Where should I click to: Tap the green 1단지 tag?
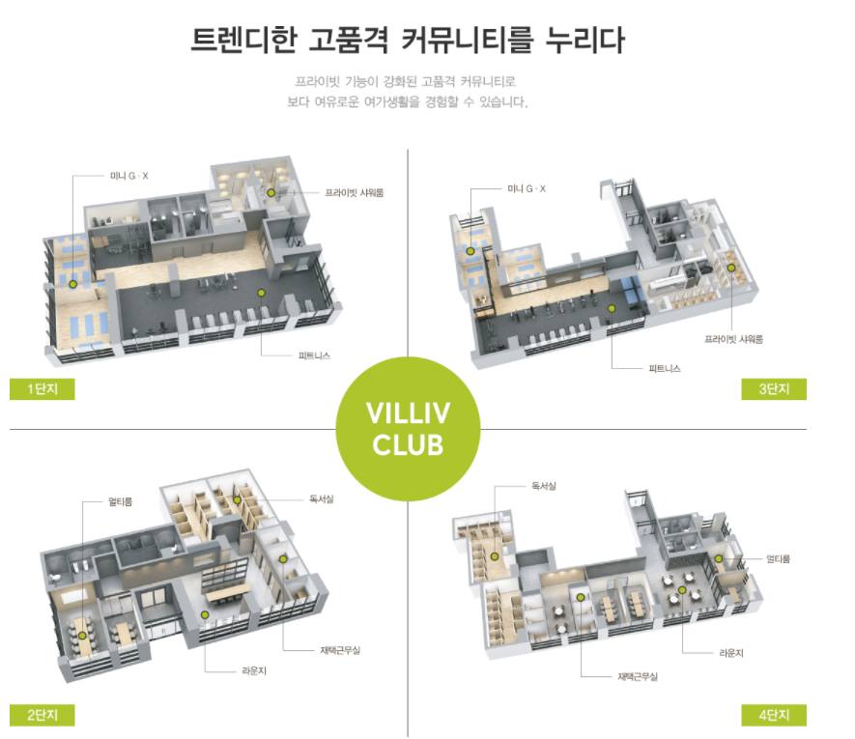point(42,389)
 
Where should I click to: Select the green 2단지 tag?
point(42,715)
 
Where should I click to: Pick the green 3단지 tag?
point(774,389)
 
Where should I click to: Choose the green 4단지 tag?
point(774,715)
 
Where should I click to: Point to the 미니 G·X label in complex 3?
point(527,188)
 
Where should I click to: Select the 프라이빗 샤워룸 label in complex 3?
point(733,339)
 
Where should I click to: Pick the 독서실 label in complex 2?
point(321,498)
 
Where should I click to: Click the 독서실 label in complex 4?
point(544,485)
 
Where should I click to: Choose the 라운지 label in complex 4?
point(730,652)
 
